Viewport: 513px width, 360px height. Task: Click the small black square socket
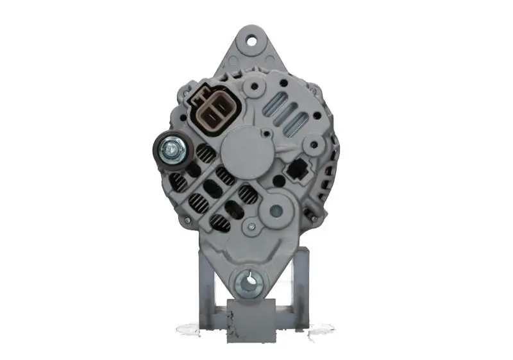point(296,169)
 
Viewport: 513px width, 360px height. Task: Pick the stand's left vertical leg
point(205,286)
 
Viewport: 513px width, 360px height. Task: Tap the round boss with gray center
point(276,209)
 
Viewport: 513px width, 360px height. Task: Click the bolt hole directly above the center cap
point(255,85)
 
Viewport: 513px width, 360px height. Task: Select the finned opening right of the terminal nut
point(205,153)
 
